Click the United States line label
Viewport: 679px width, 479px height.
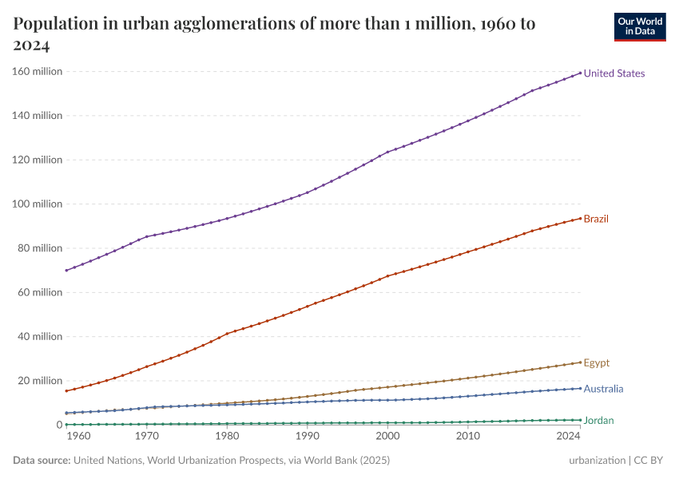[613, 73]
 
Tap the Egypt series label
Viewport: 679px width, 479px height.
[596, 363]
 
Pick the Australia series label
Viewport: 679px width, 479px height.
[603, 390]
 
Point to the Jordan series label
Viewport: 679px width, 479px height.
[599, 421]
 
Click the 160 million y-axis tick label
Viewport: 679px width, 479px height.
[38, 71]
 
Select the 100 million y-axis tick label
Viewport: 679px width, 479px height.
[38, 204]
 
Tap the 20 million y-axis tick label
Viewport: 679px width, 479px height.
[41, 381]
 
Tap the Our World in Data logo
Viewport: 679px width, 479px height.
[639, 26]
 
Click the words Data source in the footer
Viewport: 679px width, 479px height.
[42, 461]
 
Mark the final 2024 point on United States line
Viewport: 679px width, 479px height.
[580, 73]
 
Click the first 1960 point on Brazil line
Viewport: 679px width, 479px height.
[66, 390]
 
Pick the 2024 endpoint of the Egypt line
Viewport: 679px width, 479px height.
[580, 362]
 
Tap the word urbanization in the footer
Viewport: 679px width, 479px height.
[597, 461]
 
